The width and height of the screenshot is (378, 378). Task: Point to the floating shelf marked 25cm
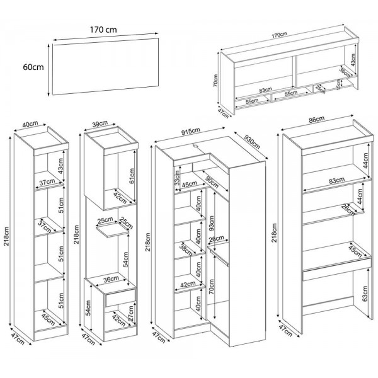click(111, 232)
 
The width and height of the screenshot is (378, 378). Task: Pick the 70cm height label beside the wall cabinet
click(215, 81)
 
